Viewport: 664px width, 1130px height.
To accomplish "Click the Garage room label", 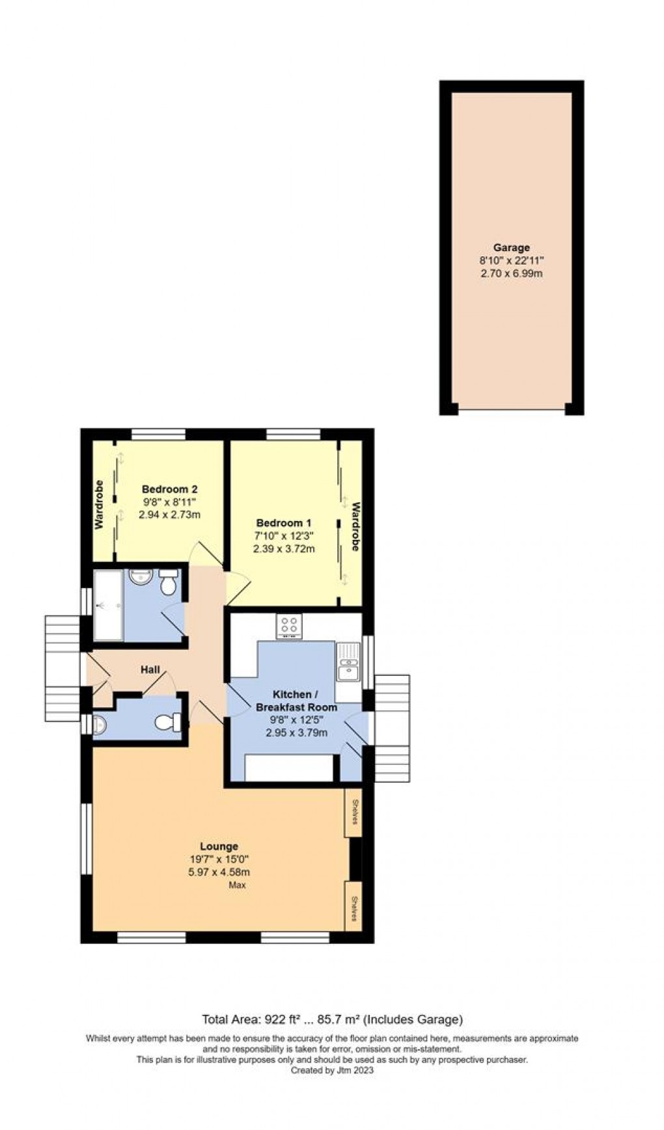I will tap(511, 247).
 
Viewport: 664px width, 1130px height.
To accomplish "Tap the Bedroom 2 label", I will tap(169, 489).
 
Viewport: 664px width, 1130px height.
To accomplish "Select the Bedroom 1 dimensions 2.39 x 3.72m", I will tap(284, 548).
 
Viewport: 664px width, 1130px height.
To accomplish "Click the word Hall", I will tap(150, 669).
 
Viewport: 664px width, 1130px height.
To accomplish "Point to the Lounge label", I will tap(219, 846).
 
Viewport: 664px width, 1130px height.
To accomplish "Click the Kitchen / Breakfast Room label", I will tap(296, 701).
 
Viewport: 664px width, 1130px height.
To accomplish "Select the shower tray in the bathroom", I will tap(107, 605).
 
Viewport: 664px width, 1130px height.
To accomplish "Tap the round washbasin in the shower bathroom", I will tap(139, 576).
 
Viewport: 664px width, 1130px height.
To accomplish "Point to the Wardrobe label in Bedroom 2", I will tap(100, 504).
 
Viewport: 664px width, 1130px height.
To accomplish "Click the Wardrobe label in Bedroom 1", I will tap(355, 526).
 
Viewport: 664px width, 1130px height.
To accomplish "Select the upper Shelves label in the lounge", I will tap(354, 812).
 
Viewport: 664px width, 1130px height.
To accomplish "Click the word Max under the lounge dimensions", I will tap(237, 885).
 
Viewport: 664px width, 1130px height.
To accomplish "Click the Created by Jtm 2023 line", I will tap(332, 1070).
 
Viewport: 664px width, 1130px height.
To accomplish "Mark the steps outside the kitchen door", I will tap(393, 729).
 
